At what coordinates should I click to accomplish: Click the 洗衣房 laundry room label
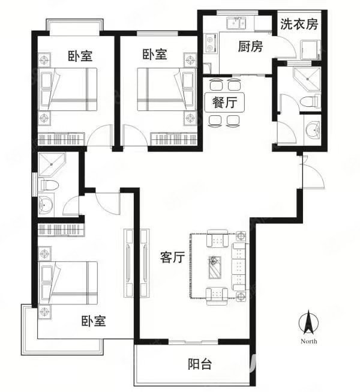299,24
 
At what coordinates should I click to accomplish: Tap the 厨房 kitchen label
250,46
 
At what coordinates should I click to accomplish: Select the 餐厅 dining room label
224,102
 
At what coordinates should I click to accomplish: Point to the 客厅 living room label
173,258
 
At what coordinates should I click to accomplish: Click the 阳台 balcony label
200,364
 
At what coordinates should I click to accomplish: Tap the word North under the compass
309,341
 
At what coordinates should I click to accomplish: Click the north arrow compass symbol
309,322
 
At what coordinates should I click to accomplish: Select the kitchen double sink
236,23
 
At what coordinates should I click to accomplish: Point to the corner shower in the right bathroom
307,79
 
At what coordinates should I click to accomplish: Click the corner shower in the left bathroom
52,164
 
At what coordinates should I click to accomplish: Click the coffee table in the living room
215,267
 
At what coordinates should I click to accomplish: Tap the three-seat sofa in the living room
239,267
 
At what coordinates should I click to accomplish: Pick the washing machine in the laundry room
311,50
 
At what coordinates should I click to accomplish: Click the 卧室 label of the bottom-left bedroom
94,321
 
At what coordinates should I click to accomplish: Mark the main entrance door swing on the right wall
313,172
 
